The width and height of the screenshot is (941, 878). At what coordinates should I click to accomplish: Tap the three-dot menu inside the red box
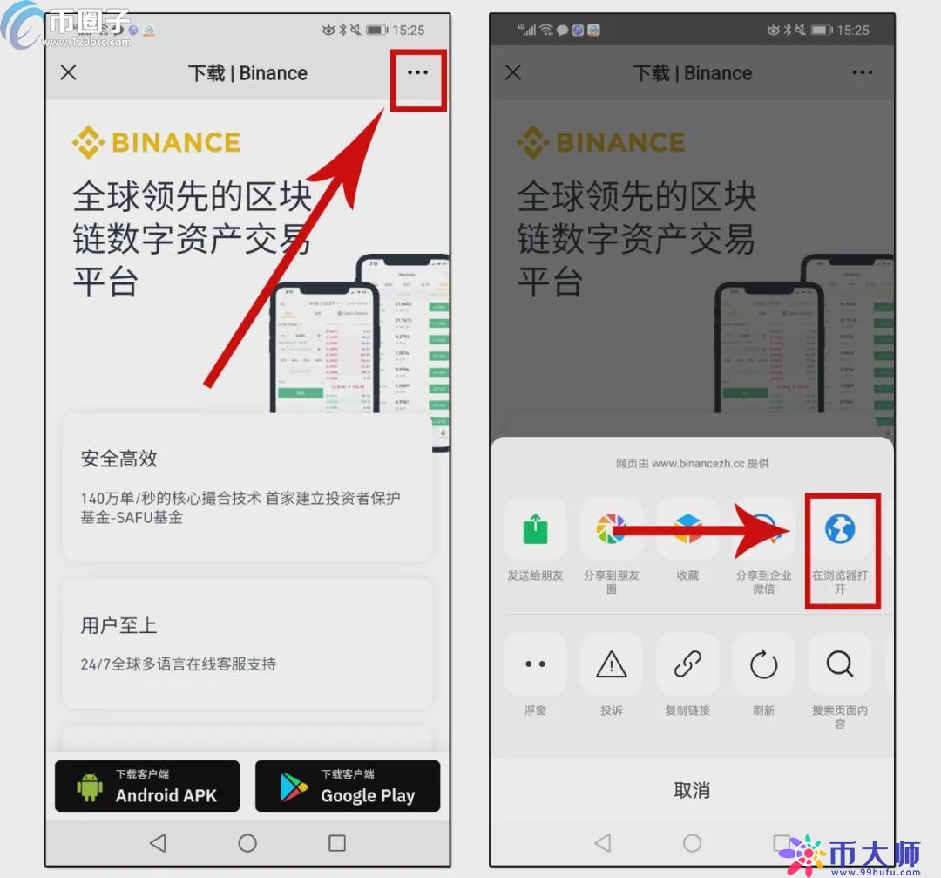[418, 72]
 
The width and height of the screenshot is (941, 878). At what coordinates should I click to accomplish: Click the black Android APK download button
[147, 786]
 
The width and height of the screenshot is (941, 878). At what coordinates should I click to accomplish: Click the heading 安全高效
[119, 459]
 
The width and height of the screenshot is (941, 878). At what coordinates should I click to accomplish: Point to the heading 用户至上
[119, 625]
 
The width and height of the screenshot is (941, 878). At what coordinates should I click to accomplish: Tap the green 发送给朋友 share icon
[535, 529]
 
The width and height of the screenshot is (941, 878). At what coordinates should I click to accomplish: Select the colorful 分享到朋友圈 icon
[611, 529]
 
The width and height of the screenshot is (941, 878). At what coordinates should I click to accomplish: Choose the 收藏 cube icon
[687, 529]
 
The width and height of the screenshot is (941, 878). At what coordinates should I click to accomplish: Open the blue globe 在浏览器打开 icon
[840, 528]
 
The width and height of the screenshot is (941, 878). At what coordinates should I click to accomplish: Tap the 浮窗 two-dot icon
[535, 664]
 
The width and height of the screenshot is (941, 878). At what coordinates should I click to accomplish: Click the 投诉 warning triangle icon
[611, 664]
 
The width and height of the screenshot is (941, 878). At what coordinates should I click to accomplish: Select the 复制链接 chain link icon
[687, 664]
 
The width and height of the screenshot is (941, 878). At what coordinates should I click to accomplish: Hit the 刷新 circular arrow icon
[763, 664]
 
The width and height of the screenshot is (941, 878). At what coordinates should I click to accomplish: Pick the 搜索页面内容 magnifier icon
[840, 664]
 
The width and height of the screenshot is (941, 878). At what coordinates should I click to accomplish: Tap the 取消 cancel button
[692, 790]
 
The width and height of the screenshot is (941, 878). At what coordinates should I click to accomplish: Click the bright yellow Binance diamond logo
[88, 142]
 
